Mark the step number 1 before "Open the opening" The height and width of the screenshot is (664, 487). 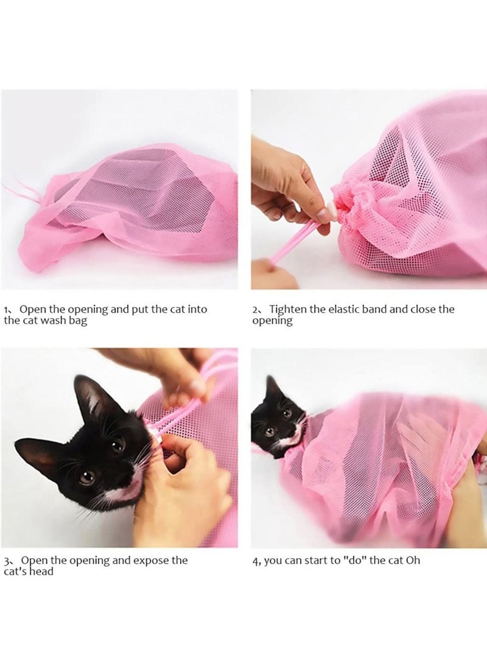6,310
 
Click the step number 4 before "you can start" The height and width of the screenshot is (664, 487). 255,561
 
